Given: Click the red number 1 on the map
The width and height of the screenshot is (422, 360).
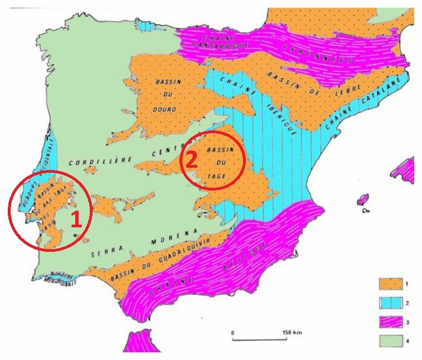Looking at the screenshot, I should coord(76,219).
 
